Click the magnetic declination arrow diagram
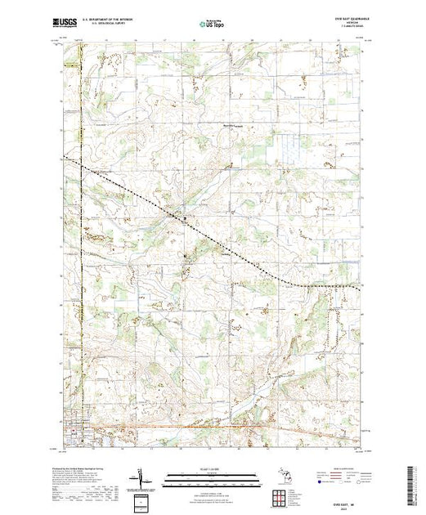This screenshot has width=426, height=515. (x=141, y=476)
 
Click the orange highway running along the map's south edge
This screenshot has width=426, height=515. (x=204, y=426)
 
